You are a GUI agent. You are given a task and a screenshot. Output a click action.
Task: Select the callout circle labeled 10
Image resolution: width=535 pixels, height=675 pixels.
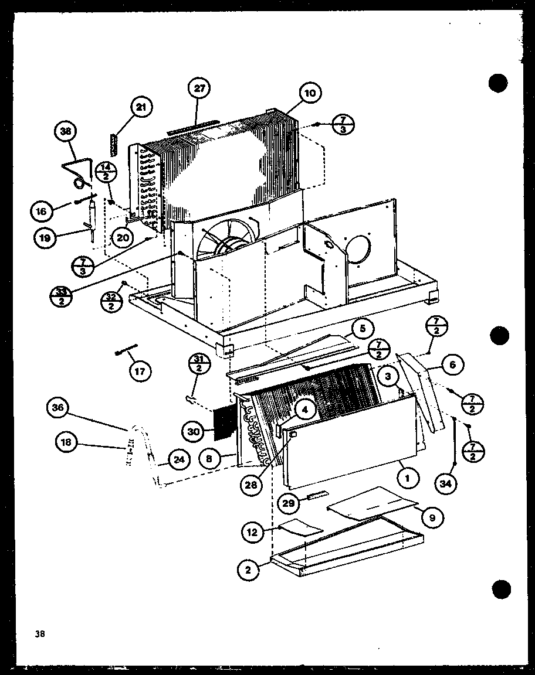(309, 93)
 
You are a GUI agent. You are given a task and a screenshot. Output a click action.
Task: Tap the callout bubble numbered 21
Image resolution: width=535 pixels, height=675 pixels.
(141, 107)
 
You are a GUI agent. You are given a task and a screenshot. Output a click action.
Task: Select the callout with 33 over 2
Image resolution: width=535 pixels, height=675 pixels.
(62, 295)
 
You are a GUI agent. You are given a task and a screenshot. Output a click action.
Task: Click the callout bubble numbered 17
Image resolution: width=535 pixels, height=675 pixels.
(140, 370)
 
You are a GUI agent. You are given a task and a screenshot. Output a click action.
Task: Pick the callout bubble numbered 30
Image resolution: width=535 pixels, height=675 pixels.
(194, 432)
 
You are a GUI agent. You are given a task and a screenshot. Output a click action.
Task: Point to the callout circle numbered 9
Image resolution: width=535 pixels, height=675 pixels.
(432, 517)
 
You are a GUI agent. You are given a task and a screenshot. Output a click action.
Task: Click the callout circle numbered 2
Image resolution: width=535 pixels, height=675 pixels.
(249, 569)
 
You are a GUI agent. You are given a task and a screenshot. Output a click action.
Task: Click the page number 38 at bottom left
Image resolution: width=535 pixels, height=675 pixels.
(39, 633)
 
